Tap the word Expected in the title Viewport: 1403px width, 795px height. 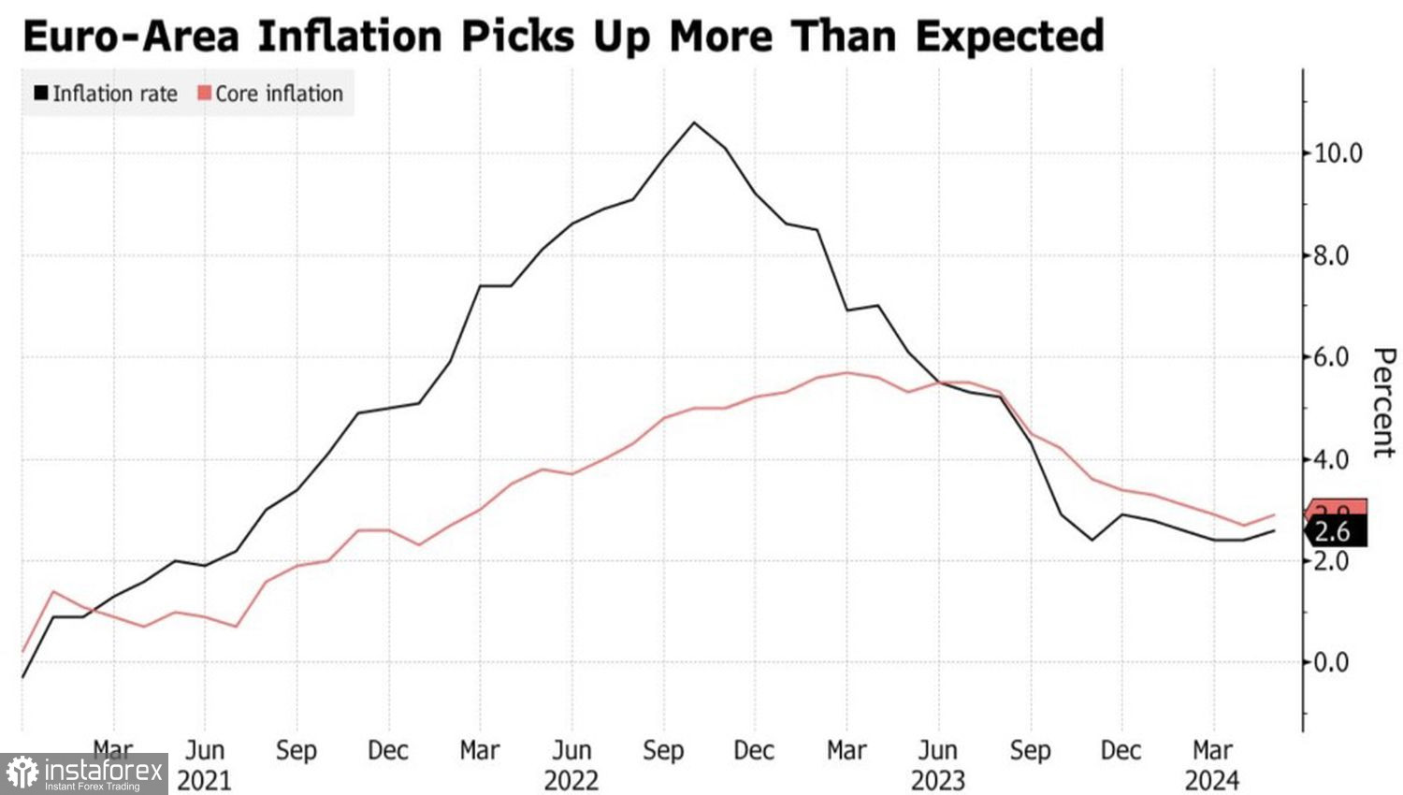point(1009,36)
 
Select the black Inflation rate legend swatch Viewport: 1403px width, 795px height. point(40,94)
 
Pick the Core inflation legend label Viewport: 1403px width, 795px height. point(279,94)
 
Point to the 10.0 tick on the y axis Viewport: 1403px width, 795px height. point(1338,153)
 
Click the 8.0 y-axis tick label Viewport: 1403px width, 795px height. point(1332,255)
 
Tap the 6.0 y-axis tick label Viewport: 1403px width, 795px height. point(1332,357)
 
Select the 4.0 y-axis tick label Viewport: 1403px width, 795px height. point(1332,459)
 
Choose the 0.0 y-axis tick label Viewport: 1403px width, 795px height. point(1332,662)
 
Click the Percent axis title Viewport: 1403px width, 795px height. point(1383,402)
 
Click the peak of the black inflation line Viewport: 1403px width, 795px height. point(693,123)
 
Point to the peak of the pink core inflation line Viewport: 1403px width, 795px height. point(846,372)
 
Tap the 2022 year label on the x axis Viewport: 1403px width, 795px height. point(571,780)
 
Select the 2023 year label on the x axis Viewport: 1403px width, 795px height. point(937,780)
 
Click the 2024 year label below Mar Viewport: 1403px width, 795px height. point(1211,780)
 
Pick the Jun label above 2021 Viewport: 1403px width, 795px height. point(204,751)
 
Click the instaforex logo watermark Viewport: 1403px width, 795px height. point(84,774)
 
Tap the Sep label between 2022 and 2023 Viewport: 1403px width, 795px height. point(663,751)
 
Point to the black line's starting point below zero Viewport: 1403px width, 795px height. point(22,676)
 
